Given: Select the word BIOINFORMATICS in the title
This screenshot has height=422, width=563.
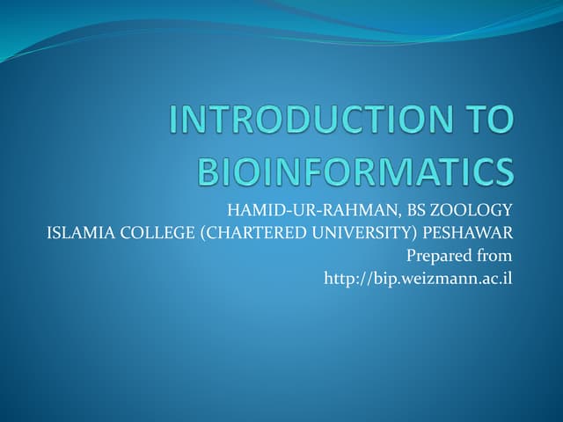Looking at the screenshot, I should tap(355, 171).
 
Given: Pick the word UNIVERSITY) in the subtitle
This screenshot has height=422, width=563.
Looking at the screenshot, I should tap(370, 233).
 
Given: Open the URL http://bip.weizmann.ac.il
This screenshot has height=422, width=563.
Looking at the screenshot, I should tap(418, 279).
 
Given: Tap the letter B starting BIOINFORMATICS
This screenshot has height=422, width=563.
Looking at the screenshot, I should tap(207, 171).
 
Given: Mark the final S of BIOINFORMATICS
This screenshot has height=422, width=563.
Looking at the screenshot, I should tap(502, 171).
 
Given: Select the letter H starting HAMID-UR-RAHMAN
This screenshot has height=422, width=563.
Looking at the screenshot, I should tap(233, 210).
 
